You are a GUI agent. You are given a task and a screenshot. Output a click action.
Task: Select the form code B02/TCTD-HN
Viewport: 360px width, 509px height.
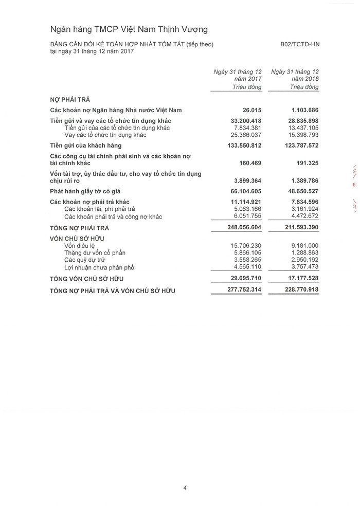(300, 44)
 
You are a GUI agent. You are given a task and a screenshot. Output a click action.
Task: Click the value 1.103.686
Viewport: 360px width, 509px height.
(301, 110)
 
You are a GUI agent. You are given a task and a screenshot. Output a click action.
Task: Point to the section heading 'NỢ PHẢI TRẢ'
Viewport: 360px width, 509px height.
(70, 99)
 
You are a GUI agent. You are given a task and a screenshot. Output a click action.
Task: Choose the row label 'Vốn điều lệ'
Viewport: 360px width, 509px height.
(81, 246)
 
